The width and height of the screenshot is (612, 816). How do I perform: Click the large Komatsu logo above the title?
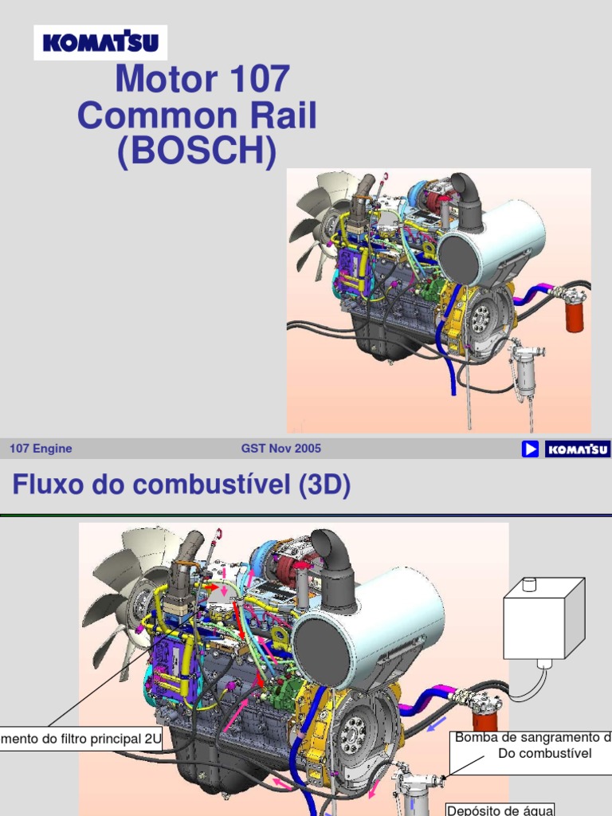(100, 42)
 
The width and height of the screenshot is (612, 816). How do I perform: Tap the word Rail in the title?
(280, 116)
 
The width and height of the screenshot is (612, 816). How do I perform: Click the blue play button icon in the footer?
(530, 449)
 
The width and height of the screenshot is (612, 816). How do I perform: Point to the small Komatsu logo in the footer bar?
(578, 449)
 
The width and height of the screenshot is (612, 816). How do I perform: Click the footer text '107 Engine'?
(41, 449)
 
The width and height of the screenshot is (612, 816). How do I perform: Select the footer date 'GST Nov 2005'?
(281, 449)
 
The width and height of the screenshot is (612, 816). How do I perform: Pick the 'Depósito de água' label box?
(500, 809)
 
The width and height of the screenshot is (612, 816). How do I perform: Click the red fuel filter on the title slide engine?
(575, 312)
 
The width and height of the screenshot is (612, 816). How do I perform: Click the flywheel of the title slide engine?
(481, 317)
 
